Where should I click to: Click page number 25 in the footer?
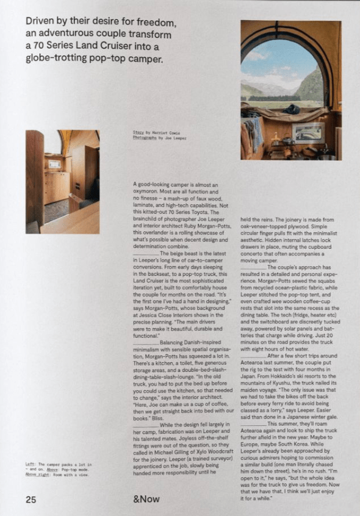(31, 499)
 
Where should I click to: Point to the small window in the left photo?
(54, 163)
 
